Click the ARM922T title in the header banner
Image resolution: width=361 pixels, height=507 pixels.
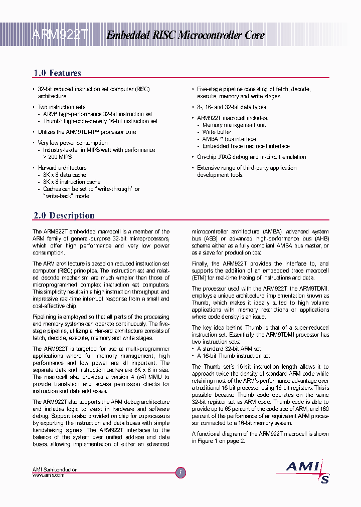point(60,35)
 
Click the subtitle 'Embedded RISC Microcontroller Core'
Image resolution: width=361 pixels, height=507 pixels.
point(185,35)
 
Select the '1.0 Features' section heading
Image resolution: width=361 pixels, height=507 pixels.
point(57,73)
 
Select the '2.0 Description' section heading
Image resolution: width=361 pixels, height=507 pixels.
point(64,215)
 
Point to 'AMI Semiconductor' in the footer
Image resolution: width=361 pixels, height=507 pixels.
point(55,469)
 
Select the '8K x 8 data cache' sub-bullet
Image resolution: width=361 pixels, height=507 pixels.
point(64,175)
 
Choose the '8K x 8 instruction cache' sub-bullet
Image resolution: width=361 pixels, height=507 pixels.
point(71,182)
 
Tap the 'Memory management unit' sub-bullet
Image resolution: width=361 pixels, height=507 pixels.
point(234,125)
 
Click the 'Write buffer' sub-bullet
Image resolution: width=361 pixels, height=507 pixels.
point(217,132)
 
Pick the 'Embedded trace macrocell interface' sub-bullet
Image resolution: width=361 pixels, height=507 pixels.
point(246,146)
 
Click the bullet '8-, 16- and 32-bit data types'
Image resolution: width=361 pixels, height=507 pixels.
point(231,107)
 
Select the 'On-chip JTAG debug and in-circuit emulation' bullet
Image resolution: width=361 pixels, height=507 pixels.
point(251,157)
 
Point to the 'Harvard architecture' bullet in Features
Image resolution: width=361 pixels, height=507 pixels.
point(62,168)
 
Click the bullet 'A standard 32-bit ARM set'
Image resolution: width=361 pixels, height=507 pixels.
point(229,349)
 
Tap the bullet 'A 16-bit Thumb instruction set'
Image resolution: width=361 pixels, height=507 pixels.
point(233,356)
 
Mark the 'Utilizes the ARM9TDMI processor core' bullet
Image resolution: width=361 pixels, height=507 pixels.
point(87,132)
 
